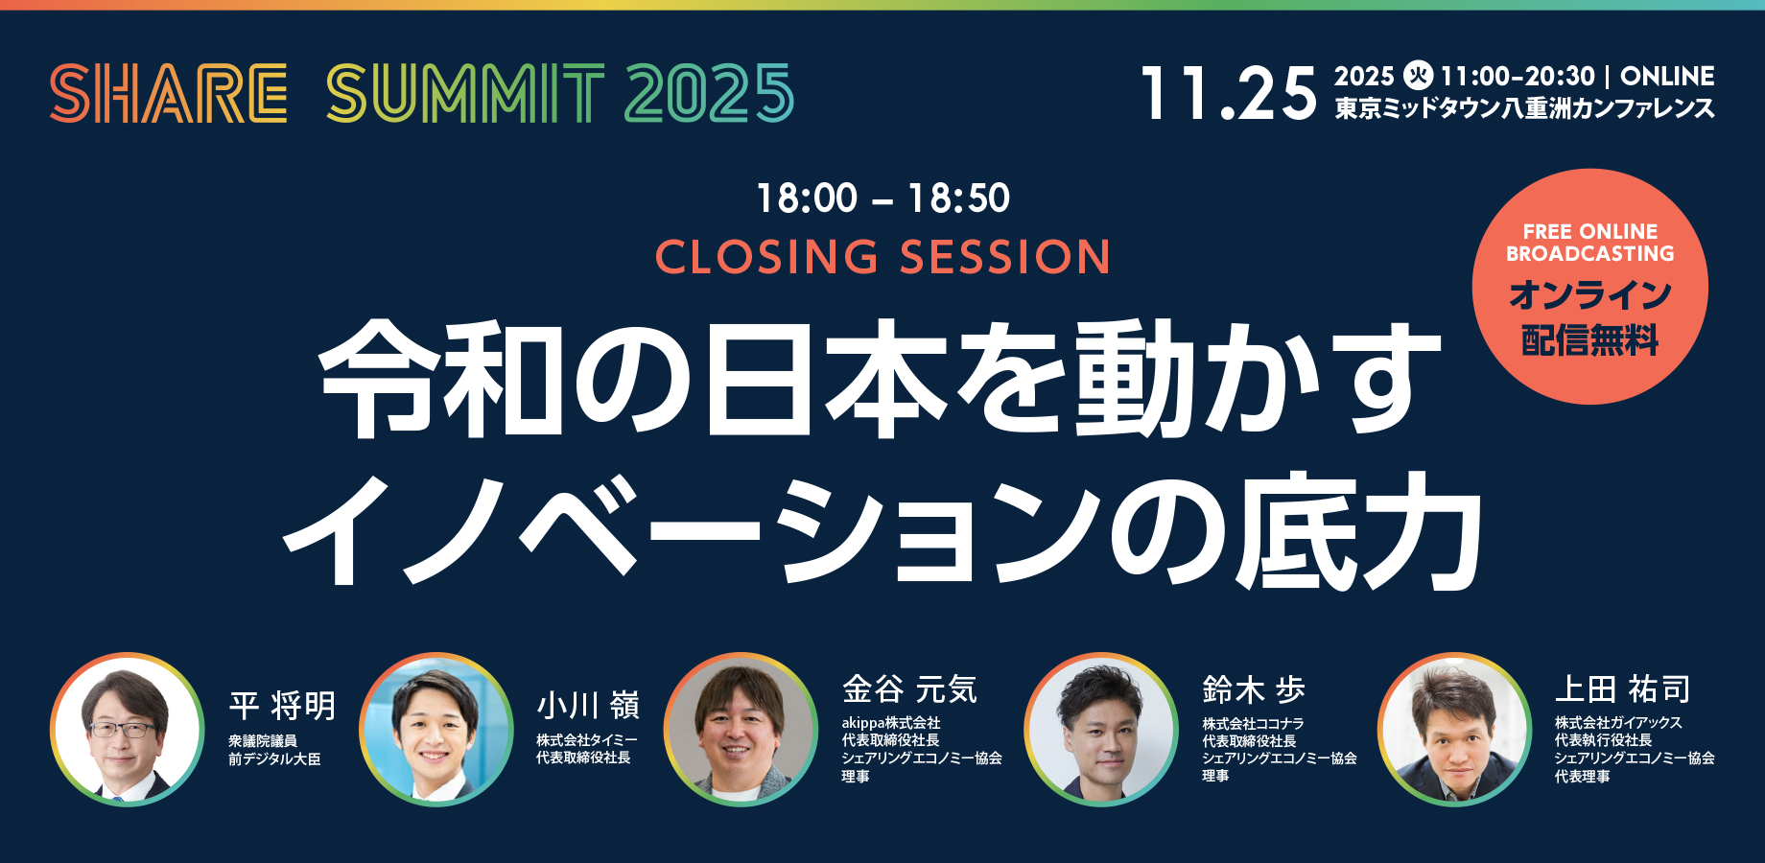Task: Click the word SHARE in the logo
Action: [169, 94]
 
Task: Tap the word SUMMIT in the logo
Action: [465, 94]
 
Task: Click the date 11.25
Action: [1228, 94]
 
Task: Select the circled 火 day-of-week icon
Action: [1418, 75]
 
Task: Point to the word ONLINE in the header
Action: [1667, 77]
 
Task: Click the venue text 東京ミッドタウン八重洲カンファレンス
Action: [1524, 109]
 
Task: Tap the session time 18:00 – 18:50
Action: [882, 198]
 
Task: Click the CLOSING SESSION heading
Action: [882, 257]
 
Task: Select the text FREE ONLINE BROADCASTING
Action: [1589, 243]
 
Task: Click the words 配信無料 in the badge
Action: [1589, 339]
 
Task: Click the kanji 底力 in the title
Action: [1357, 532]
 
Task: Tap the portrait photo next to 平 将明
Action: [128, 730]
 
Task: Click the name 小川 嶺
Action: [587, 706]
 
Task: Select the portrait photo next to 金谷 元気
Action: [741, 730]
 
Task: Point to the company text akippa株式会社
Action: [890, 723]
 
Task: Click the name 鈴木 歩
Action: [1253, 689]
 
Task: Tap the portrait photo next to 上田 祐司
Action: [1454, 730]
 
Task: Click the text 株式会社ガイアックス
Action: [1617, 723]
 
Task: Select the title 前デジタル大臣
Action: [274, 759]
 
